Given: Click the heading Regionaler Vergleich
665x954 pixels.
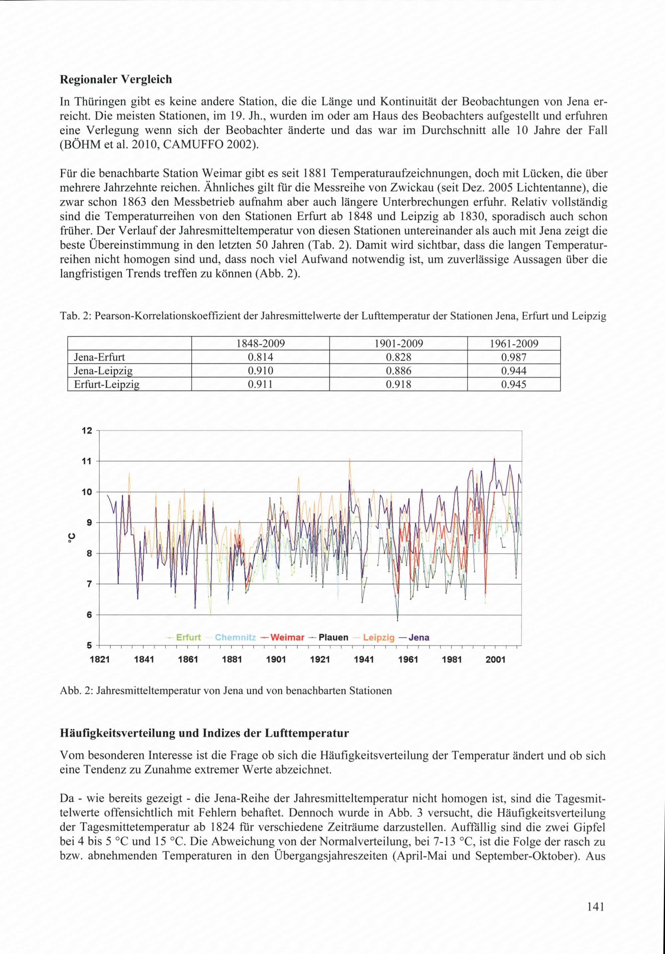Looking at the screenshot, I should pyautogui.click(x=116, y=79).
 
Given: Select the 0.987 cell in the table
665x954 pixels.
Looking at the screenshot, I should pyautogui.click(x=513, y=357).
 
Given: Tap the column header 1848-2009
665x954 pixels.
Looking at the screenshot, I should pyautogui.click(x=260, y=343).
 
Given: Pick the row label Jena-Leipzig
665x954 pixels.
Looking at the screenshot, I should pyautogui.click(x=103, y=371).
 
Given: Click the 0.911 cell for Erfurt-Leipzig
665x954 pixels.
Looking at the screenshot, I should pyautogui.click(x=260, y=384).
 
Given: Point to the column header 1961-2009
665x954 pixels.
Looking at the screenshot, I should pyautogui.click(x=513, y=343).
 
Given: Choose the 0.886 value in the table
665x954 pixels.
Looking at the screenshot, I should pyautogui.click(x=398, y=371).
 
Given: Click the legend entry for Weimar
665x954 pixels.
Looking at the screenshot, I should pyautogui.click(x=287, y=637).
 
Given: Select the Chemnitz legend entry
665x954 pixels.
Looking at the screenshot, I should pyautogui.click(x=235, y=637).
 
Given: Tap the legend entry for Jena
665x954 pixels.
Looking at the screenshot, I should pyautogui.click(x=419, y=637).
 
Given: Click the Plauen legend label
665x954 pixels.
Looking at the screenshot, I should pyautogui.click(x=333, y=637).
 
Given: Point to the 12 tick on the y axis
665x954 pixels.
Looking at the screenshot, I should pyautogui.click(x=87, y=431).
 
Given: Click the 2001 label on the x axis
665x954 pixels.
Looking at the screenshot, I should pyautogui.click(x=495, y=659).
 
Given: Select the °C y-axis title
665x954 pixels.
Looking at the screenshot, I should pyautogui.click(x=71, y=538).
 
